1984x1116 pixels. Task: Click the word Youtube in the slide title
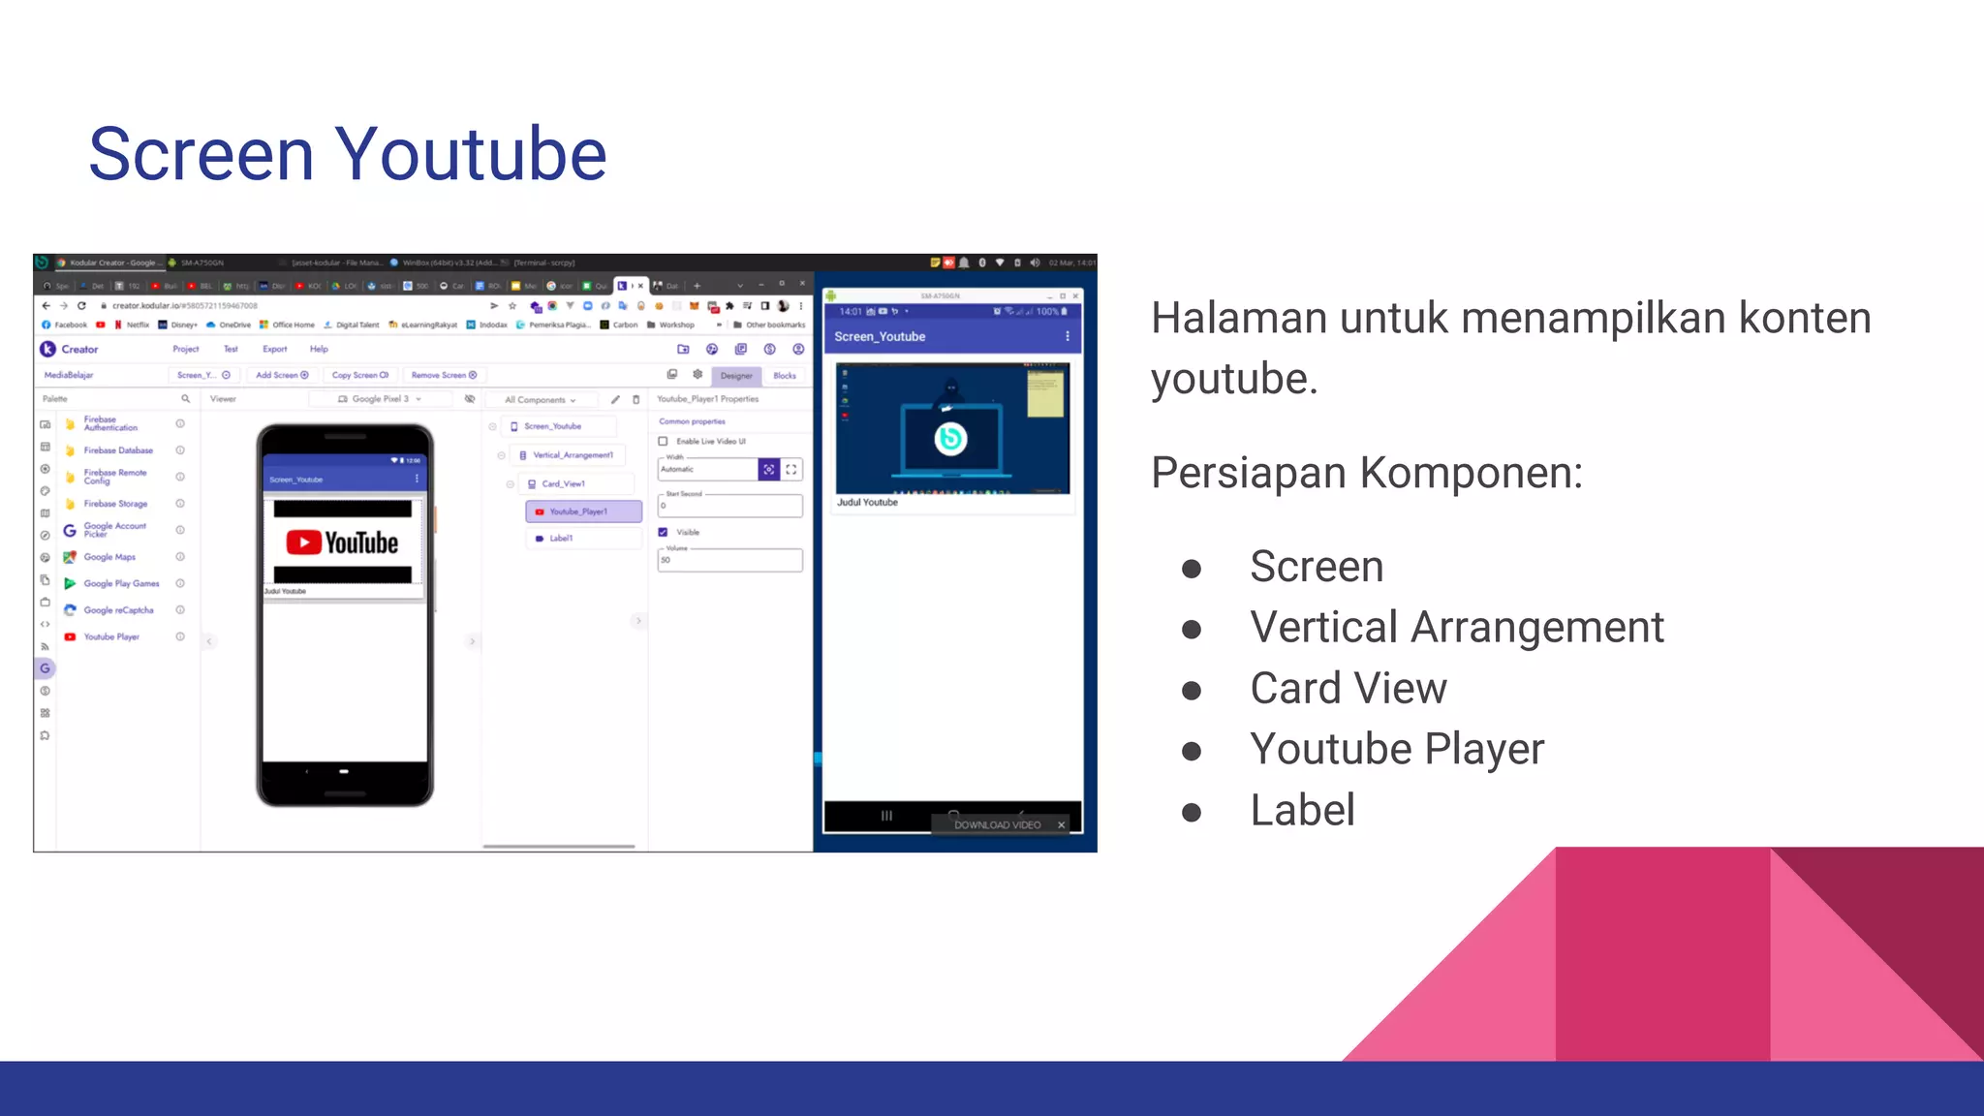[x=471, y=155]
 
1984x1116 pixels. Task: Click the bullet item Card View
[x=1348, y=689]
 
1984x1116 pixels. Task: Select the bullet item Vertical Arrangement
[x=1456, y=628]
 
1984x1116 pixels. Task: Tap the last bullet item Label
[x=1302, y=811]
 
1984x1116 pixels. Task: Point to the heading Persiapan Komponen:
[x=1366, y=474]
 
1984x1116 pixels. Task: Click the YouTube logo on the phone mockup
[x=343, y=542]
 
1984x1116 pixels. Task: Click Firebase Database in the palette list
[x=118, y=450]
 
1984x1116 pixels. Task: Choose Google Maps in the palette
[x=109, y=557]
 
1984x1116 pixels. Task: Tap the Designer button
[x=736, y=376]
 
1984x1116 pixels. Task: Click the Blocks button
[x=785, y=376]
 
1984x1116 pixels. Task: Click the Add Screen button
[x=282, y=375]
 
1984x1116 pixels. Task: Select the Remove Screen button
[x=444, y=375]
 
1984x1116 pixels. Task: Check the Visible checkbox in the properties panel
[x=664, y=532]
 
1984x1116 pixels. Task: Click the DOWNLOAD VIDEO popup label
[x=997, y=825]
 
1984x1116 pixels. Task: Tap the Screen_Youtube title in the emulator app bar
[x=880, y=337]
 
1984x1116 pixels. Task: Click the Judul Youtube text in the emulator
[x=867, y=503]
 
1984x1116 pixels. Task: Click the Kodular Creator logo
[x=48, y=349]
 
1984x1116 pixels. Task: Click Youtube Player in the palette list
[x=111, y=637]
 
